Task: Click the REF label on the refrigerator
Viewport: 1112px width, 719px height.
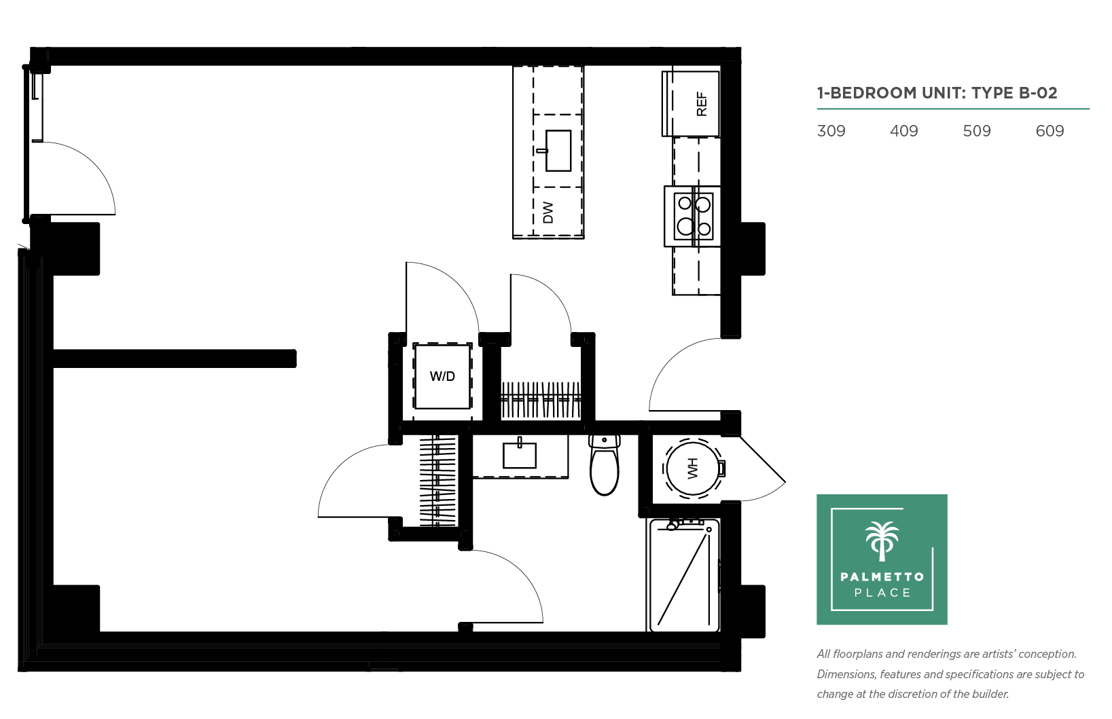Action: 702,104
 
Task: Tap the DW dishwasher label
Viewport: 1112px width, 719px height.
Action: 548,213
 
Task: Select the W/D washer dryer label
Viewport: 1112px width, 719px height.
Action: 442,376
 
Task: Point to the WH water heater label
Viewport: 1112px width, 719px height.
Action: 692,468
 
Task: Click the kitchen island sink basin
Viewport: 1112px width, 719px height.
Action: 558,151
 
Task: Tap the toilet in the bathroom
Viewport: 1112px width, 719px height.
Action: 604,465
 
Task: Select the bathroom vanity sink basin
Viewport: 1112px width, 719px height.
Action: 520,456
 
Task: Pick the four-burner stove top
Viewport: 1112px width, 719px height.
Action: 694,217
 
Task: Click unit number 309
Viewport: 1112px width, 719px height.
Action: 831,131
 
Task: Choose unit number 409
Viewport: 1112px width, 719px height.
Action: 904,131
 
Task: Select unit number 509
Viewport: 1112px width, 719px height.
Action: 977,131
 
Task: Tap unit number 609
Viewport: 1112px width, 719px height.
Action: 1050,131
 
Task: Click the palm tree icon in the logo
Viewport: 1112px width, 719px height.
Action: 882,541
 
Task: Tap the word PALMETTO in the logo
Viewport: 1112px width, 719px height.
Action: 882,576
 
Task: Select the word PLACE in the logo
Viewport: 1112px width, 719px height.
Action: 882,593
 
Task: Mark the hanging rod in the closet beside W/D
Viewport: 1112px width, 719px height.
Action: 541,397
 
